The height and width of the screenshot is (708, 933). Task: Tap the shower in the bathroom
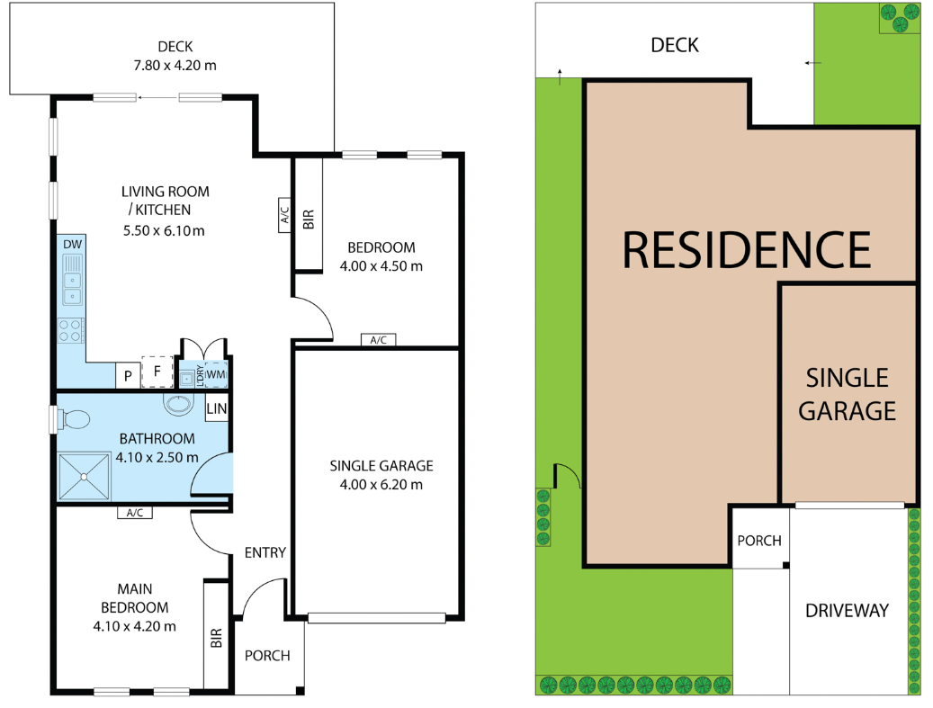click(84, 477)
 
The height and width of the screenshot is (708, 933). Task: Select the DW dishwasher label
click(73, 244)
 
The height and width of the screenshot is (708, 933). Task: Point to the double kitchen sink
click(73, 280)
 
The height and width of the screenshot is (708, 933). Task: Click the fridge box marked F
click(157, 372)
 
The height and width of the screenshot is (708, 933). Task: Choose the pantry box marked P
click(128, 375)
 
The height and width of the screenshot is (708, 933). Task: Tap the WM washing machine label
click(215, 375)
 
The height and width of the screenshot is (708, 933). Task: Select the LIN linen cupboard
click(217, 408)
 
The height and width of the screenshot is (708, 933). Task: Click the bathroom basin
click(178, 405)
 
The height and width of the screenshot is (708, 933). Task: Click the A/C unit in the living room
click(284, 215)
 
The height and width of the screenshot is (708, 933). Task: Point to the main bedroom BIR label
click(216, 638)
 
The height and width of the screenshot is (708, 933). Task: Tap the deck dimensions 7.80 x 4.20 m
click(175, 66)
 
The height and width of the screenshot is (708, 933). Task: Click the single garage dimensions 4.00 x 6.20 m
click(381, 485)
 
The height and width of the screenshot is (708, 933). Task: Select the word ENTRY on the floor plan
click(265, 552)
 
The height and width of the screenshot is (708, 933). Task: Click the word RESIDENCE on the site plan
click(746, 250)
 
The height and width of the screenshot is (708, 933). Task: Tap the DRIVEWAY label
click(847, 611)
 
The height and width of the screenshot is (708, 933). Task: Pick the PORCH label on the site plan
click(759, 541)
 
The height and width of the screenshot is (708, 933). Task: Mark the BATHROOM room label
click(157, 438)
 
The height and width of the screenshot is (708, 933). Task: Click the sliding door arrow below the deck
click(157, 97)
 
